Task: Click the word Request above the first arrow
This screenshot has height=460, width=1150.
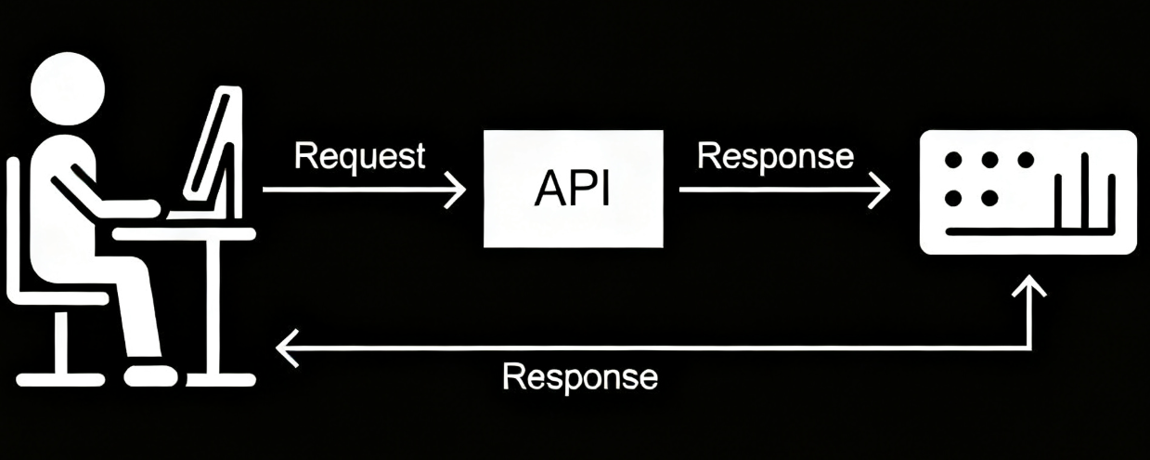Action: [359, 156]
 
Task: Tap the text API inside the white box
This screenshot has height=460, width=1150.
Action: [573, 191]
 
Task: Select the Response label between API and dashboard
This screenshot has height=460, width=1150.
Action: [775, 156]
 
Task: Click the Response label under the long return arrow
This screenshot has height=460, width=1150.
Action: [580, 377]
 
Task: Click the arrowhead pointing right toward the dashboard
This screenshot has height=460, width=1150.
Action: [880, 190]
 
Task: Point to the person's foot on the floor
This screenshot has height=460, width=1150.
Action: [149, 375]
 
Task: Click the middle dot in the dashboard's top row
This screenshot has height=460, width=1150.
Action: [989, 161]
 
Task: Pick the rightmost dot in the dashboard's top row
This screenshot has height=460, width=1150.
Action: [1026, 161]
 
